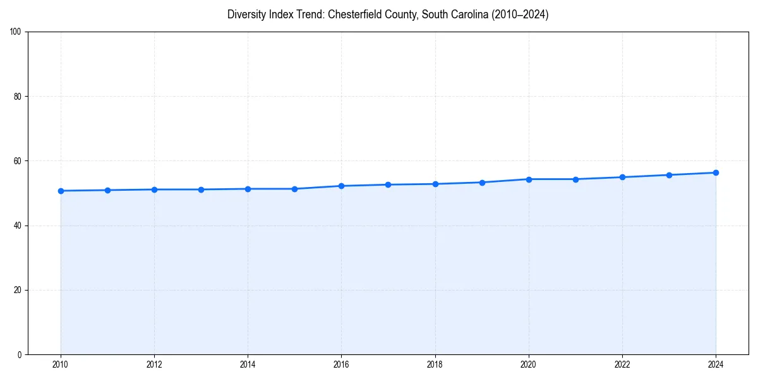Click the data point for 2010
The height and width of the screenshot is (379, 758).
61,191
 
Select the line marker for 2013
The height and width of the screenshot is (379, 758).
201,189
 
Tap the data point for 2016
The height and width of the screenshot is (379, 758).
341,186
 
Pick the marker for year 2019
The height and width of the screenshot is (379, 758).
482,183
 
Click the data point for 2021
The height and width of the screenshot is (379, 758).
575,179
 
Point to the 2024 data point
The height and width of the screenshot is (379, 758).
716,172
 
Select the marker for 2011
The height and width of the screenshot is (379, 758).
107,190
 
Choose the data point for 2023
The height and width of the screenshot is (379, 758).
669,175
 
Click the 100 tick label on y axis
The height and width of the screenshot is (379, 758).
16,32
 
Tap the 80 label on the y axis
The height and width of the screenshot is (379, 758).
18,97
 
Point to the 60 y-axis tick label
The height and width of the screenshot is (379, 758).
18,161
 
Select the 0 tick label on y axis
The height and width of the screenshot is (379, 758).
20,354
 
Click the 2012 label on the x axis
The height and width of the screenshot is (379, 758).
154,364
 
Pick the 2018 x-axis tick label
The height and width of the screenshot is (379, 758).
435,364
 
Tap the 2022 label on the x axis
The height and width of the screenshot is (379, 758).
622,364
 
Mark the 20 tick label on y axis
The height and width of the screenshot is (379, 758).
18,290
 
